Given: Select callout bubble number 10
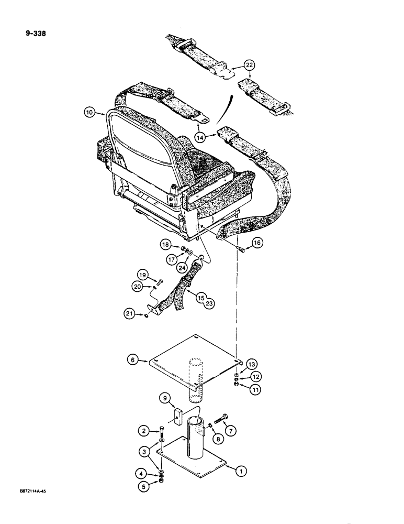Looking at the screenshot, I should (x=89, y=112).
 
